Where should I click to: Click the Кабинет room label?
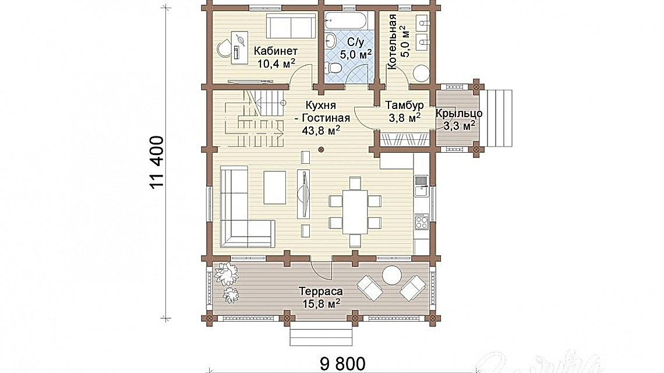276,50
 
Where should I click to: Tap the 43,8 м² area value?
321,131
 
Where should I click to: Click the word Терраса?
321,291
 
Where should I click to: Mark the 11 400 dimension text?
156,163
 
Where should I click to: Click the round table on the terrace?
391,275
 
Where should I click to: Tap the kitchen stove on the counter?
421,221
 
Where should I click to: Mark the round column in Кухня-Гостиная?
321,150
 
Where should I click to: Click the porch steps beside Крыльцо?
499,120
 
